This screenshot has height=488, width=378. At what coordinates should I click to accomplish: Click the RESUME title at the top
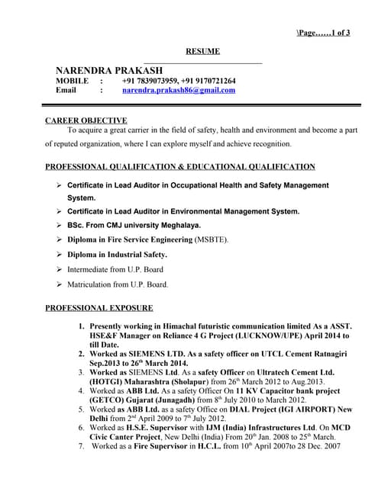[x=203, y=51]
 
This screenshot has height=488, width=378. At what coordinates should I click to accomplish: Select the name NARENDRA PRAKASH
[x=109, y=70]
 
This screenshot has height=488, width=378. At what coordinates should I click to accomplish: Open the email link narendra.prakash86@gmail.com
[x=179, y=90]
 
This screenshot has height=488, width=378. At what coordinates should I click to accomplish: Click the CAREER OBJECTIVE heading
[x=86, y=120]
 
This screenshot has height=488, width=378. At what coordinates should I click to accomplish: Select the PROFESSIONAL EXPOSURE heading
[x=99, y=308]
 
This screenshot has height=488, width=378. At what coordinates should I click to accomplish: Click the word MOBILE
[x=70, y=80]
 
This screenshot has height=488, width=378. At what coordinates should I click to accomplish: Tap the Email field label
[x=66, y=90]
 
